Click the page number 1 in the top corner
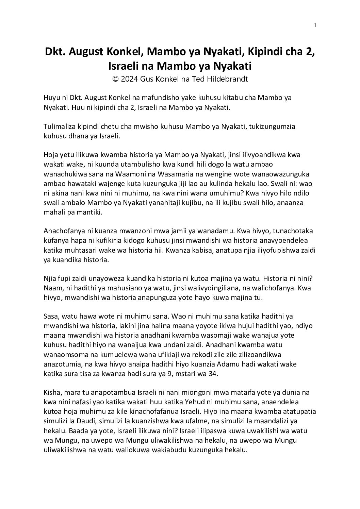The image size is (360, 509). coord(315,25)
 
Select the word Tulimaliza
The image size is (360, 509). coord(60,126)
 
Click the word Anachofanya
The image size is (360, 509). coord(64,231)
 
